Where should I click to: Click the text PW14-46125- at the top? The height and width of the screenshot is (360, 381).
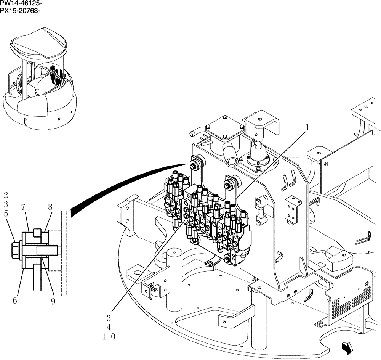[x=21, y=3]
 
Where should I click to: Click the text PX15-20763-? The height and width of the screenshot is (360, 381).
[x=21, y=10]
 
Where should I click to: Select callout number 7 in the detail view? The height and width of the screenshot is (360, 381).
[x=23, y=207]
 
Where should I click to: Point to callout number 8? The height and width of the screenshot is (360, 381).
[x=50, y=207]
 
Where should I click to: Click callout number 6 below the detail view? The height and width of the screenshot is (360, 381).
[x=15, y=301]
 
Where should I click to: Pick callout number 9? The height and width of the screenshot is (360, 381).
[x=53, y=301]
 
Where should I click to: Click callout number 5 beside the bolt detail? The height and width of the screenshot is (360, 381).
[x=6, y=214]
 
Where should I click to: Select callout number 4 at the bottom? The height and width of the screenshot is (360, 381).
[x=109, y=327]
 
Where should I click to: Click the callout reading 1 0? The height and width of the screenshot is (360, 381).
[x=109, y=337]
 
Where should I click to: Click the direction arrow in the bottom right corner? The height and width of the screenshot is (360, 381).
[x=347, y=347]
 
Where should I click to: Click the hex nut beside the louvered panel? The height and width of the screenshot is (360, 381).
[x=320, y=324]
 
